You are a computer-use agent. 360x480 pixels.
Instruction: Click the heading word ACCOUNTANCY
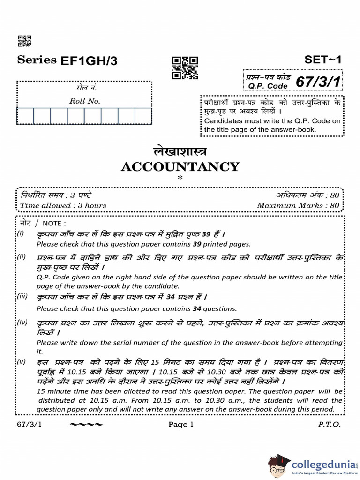coord(180,167)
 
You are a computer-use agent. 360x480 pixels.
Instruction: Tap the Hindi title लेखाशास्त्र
coord(180,152)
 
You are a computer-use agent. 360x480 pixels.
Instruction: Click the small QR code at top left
coord(24,41)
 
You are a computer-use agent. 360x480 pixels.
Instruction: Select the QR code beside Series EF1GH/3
coord(185,67)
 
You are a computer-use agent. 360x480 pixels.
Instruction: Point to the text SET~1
coord(323,60)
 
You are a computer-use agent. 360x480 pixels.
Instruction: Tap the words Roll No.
coord(84,101)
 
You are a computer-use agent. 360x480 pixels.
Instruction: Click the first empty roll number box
coord(25,116)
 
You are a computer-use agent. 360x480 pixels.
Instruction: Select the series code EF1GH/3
coord(90,60)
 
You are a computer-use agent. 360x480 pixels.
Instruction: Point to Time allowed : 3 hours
coord(63,205)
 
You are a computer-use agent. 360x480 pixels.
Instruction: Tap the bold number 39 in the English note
coord(195,244)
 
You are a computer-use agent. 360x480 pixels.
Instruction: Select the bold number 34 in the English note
coord(185,308)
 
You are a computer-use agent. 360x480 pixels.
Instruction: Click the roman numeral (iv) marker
coord(22,323)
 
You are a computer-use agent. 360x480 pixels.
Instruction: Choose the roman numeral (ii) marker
coord(22,257)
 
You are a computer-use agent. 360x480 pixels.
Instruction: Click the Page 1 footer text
coord(181,425)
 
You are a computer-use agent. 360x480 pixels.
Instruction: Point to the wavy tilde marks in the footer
coord(86,425)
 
